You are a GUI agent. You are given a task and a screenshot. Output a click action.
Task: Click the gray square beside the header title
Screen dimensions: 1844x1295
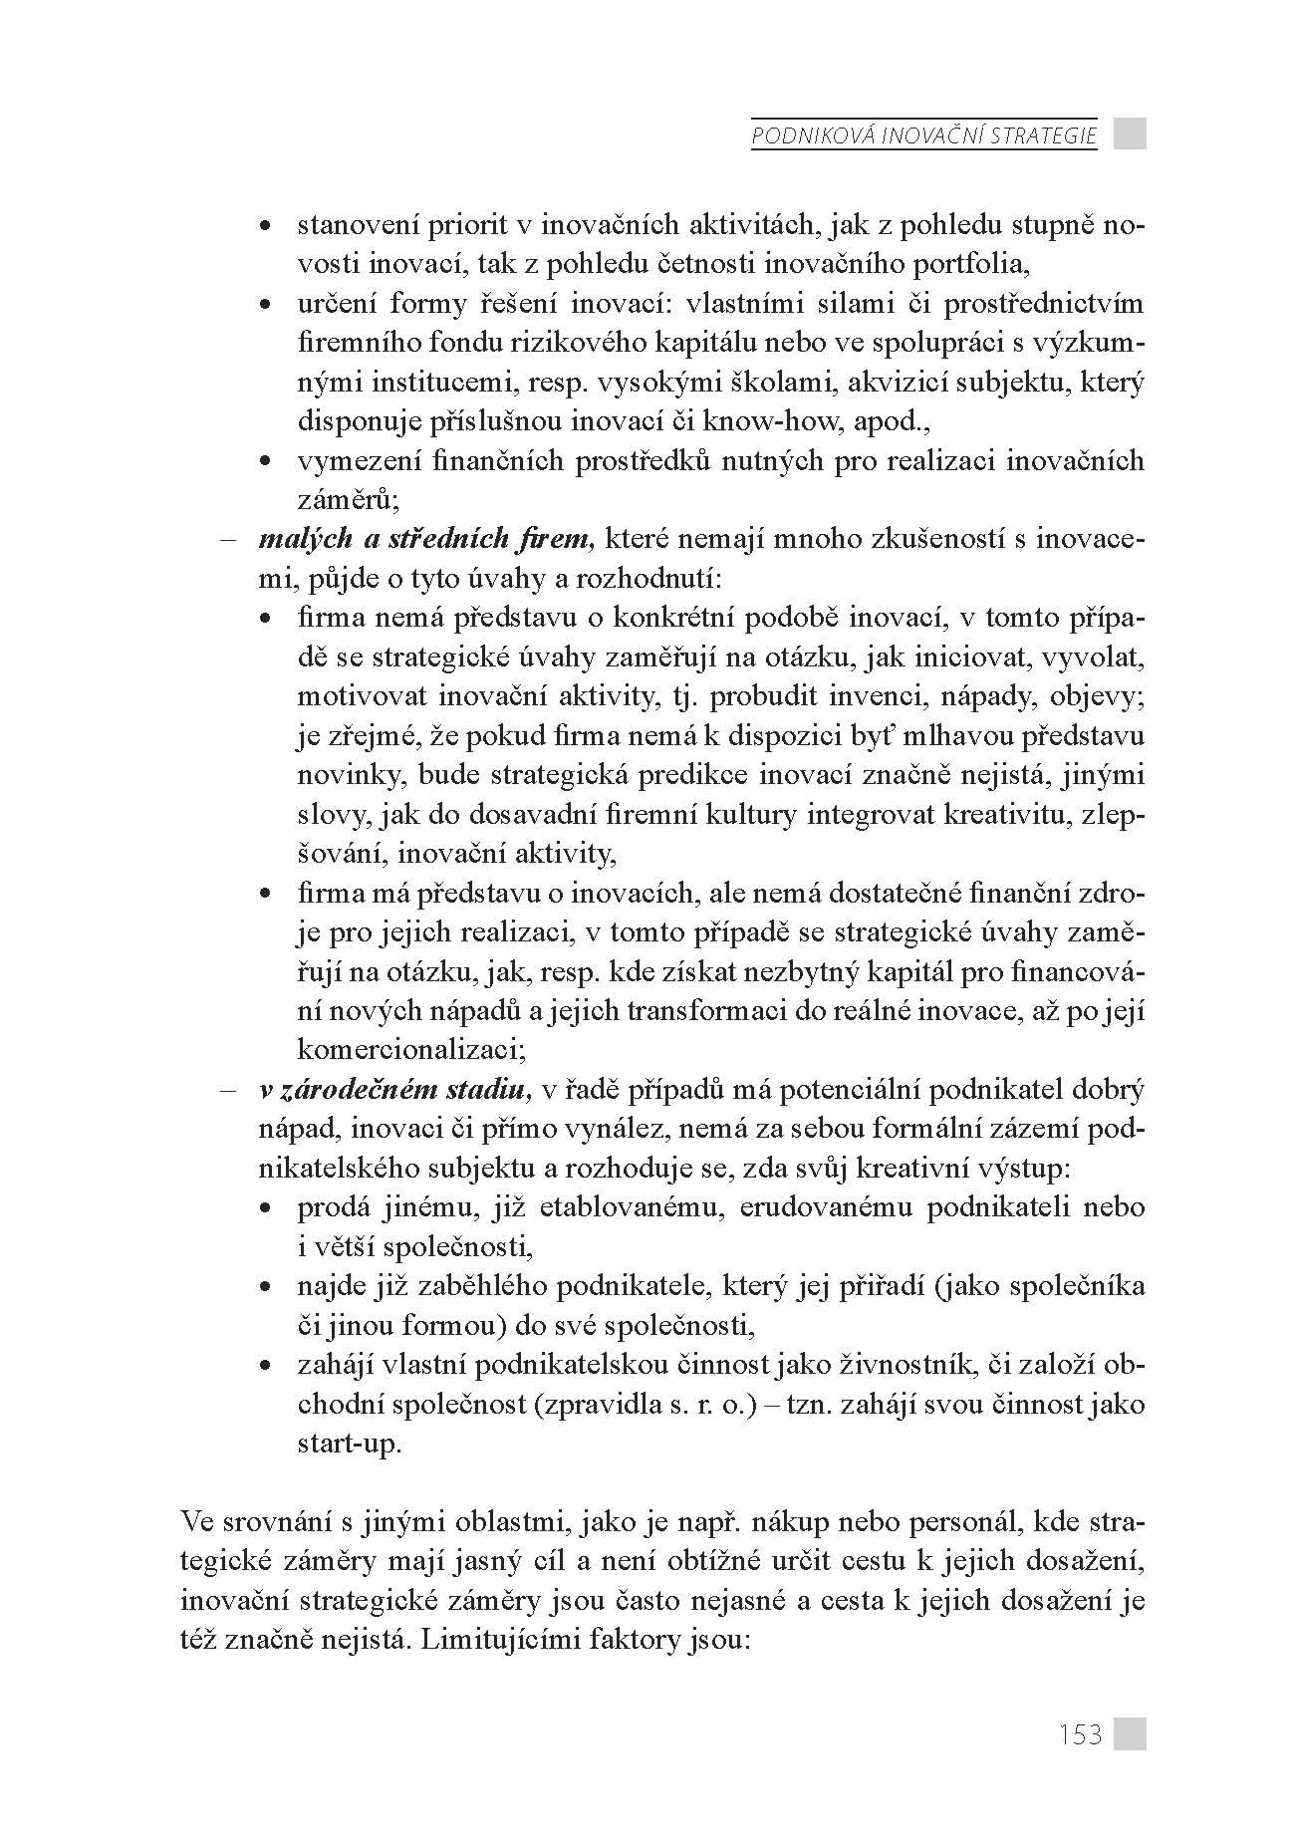[x=1130, y=133]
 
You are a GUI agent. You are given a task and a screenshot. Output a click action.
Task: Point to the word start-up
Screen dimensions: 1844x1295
[x=350, y=1444]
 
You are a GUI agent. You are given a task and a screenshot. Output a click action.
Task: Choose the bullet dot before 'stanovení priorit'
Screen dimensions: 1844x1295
[x=265, y=227]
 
